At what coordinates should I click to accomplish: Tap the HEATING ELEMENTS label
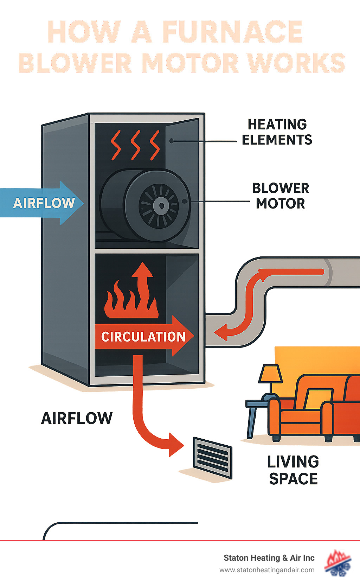tap(277, 132)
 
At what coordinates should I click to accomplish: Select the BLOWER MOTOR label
tap(281, 196)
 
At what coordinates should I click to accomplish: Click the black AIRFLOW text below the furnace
tap(77, 418)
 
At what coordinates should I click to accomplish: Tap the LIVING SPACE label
tap(293, 470)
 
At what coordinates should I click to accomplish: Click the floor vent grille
tap(213, 457)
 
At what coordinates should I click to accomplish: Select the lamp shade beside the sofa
tap(271, 374)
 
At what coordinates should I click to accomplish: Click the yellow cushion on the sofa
tap(318, 398)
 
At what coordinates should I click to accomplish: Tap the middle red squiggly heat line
tap(135, 145)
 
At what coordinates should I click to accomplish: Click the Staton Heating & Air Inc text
tap(269, 558)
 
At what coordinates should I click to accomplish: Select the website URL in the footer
tap(267, 570)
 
